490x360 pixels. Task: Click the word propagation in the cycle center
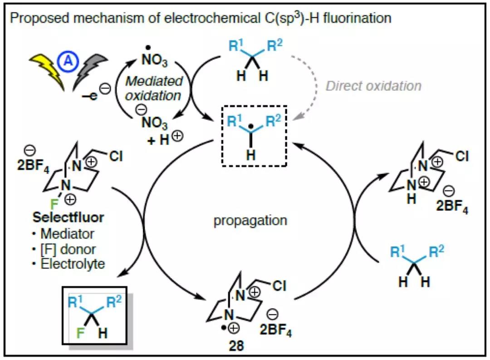point(250,221)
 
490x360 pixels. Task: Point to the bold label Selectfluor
point(68,217)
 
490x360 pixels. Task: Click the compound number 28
point(237,346)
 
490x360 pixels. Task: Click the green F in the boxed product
point(81,335)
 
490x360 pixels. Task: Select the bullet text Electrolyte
point(73,264)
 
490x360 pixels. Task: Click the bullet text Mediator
point(67,234)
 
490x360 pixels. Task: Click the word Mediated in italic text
point(154,82)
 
